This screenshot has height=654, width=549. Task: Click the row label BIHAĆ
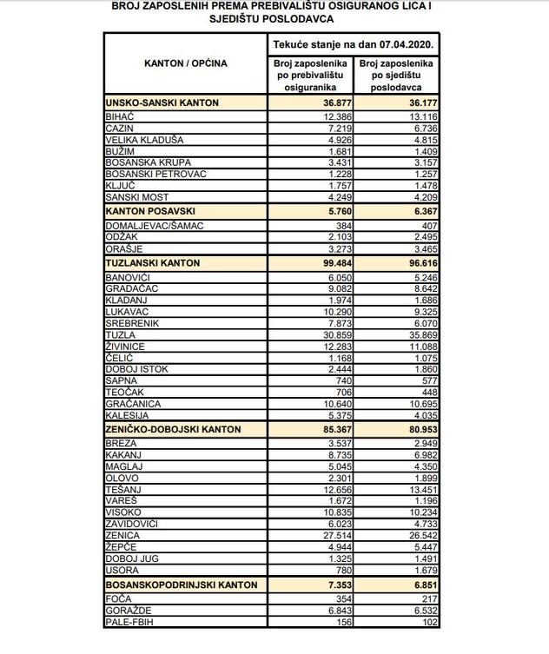118,116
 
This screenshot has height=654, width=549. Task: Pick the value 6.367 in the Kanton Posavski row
416,211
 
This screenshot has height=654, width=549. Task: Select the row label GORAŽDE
125,611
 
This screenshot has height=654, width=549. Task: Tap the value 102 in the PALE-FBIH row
426,623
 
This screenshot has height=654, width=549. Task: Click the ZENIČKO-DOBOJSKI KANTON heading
172,429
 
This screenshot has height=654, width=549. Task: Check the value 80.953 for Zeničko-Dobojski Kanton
416,429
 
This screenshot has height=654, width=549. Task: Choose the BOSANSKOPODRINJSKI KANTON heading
181,585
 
